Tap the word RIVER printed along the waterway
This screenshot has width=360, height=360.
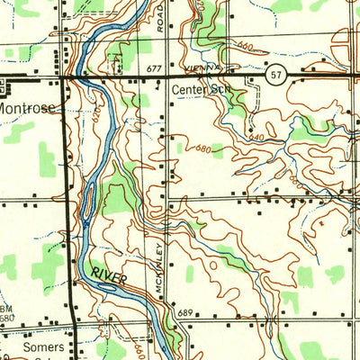click(108, 276)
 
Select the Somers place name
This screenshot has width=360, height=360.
click(25, 346)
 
